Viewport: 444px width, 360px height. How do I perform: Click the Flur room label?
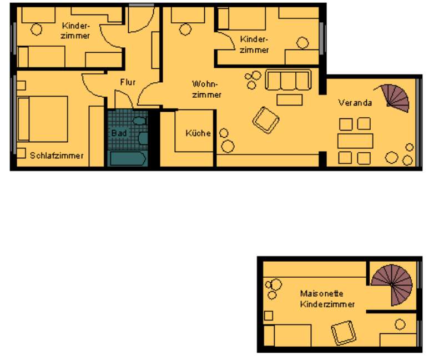point(128,82)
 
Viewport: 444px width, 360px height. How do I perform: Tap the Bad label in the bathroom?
point(119,133)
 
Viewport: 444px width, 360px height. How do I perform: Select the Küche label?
point(198,133)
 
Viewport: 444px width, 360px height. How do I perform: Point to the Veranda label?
point(355,103)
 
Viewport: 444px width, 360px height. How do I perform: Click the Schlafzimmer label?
point(57,156)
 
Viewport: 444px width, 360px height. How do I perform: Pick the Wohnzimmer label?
point(206,89)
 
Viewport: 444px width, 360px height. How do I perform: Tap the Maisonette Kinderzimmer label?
point(327,299)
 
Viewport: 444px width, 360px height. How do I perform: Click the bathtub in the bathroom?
point(128,158)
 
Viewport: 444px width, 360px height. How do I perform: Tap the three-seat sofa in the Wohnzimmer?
point(288,80)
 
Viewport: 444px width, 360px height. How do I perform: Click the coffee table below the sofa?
point(289,100)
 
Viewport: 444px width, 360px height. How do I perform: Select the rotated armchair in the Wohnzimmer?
point(266,120)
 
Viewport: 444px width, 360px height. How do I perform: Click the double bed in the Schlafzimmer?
point(43,119)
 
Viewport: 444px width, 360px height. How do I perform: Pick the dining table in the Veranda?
point(355,141)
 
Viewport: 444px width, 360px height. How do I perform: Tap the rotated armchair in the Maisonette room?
point(344,333)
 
